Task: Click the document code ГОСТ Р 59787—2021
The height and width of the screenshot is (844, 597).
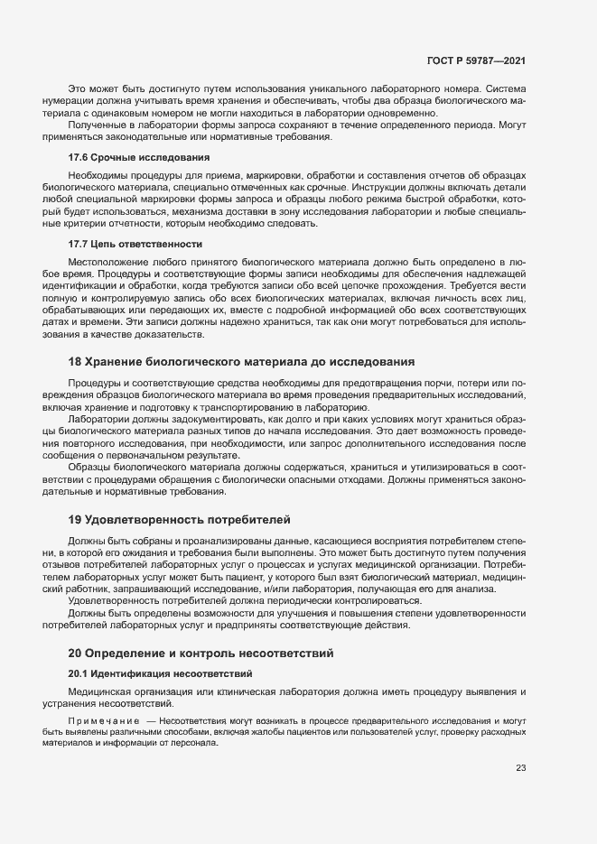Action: pos(476,60)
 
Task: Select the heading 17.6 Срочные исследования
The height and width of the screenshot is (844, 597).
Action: pos(126,157)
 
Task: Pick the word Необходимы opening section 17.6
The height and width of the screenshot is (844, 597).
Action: pos(97,174)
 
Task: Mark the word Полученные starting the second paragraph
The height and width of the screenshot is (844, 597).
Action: pos(98,125)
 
